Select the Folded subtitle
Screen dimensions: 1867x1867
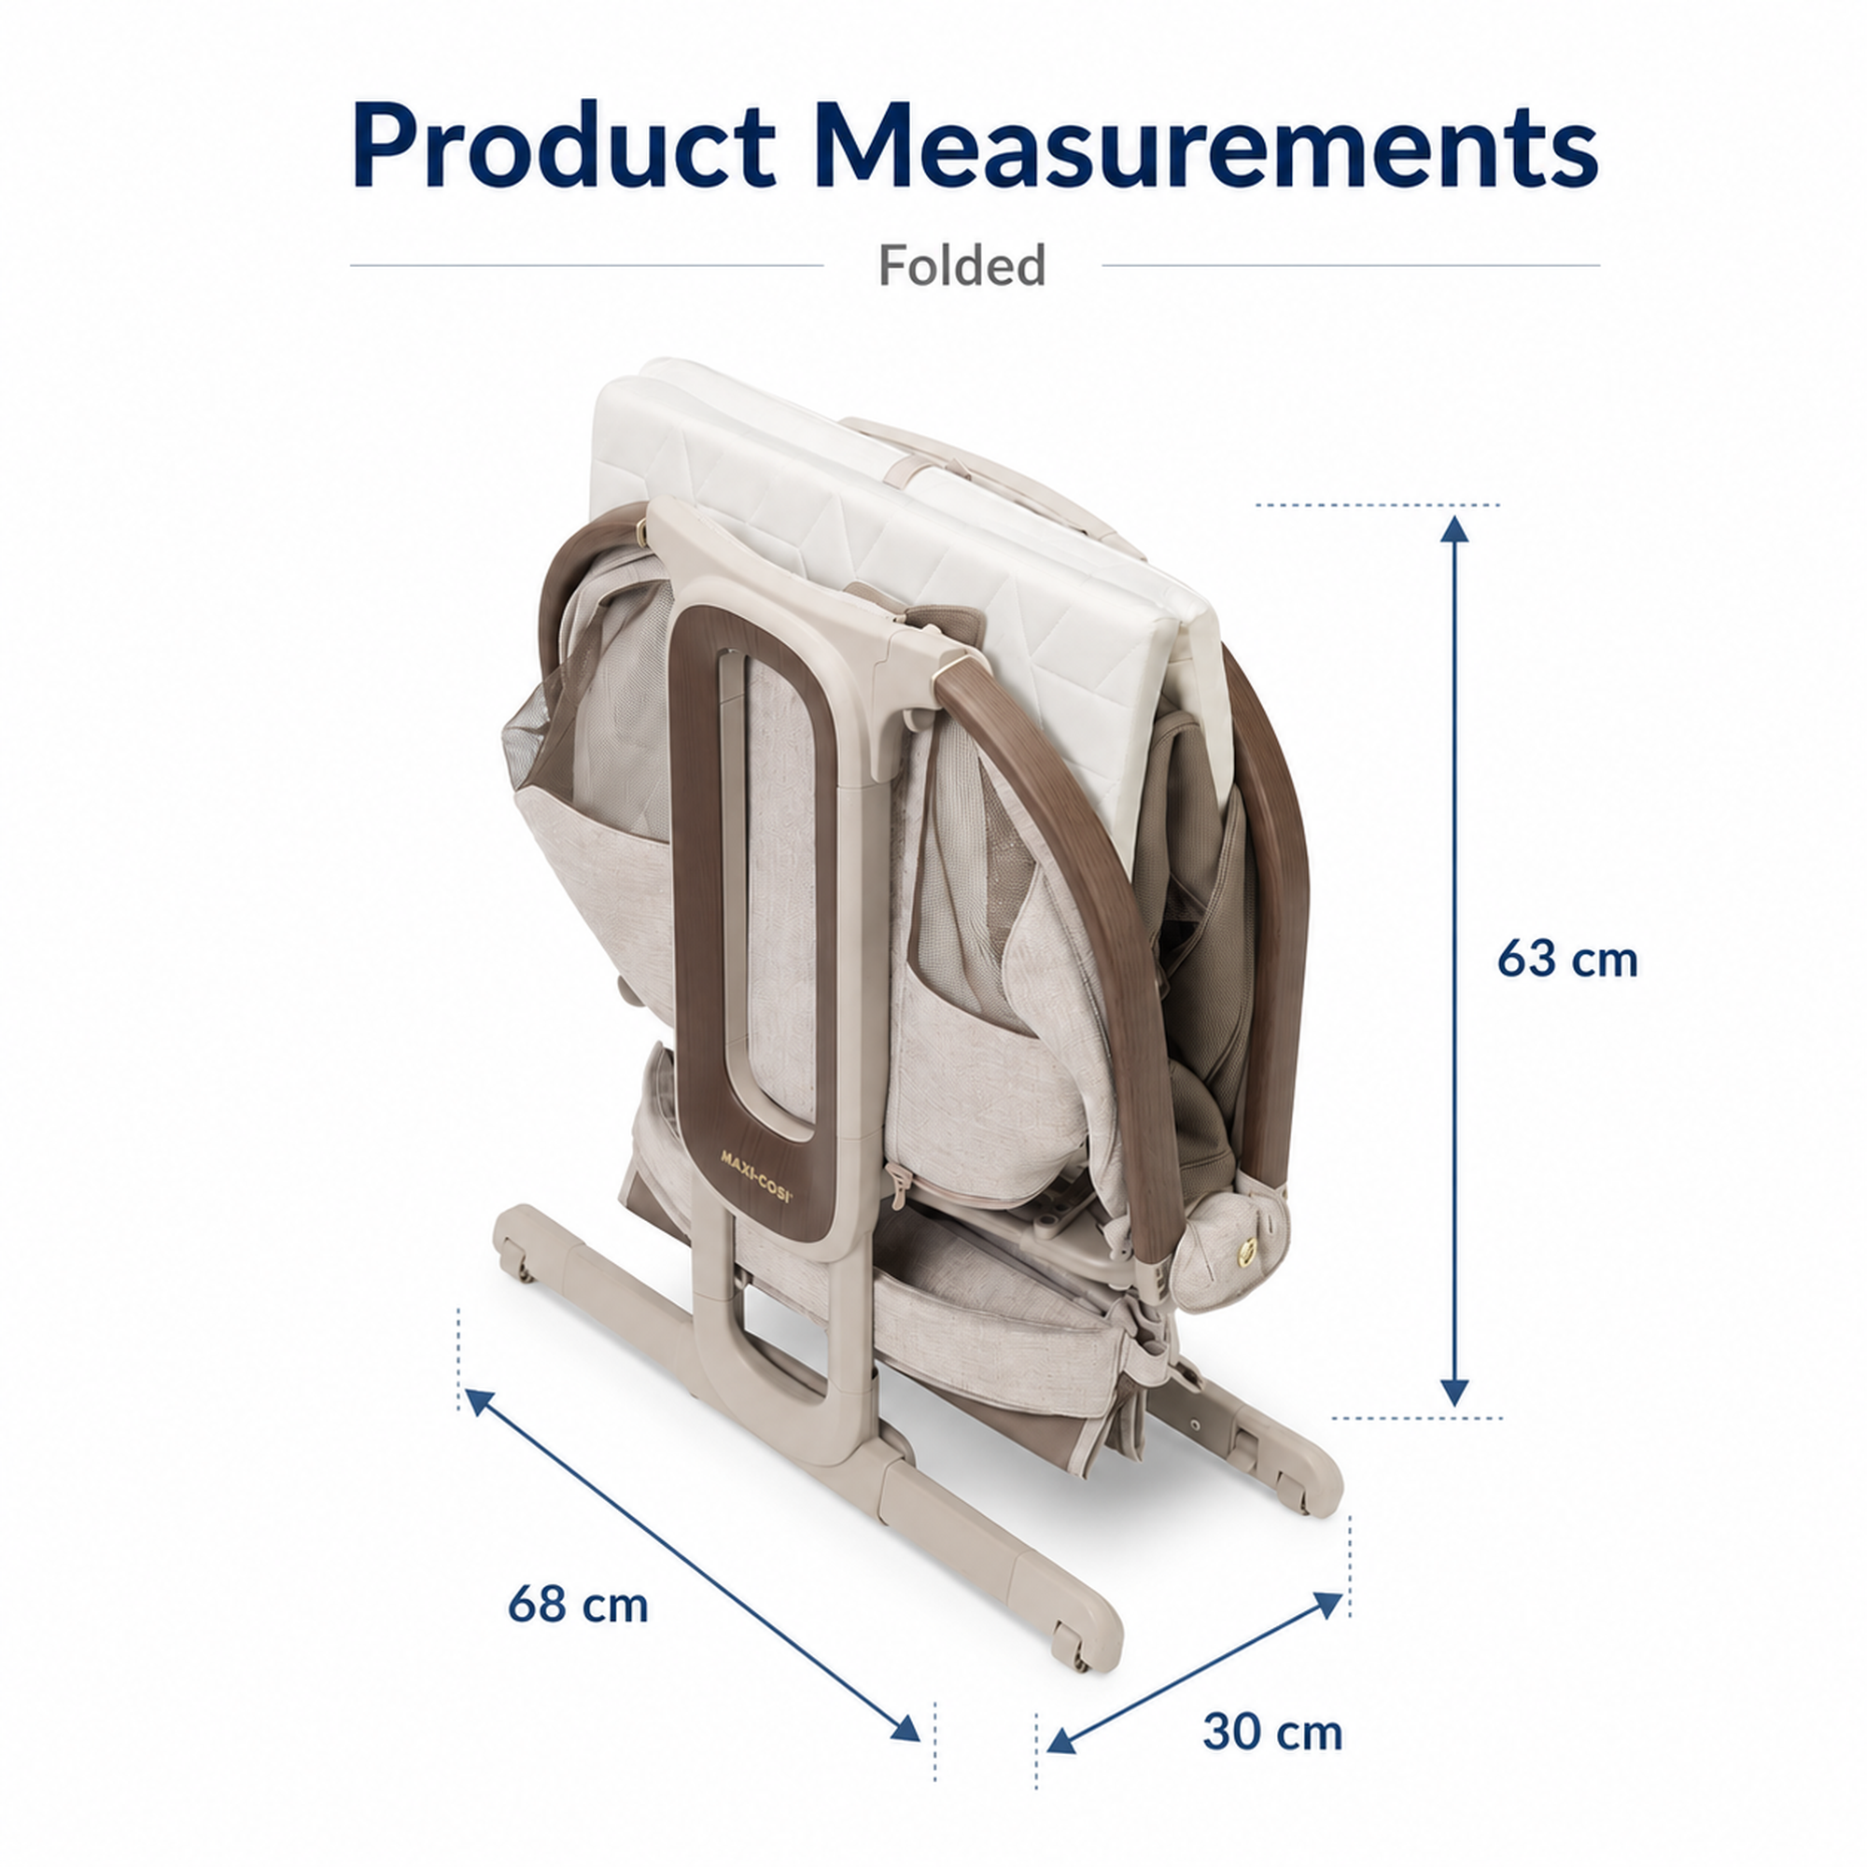pos(962,265)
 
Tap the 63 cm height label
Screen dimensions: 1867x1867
pos(1567,960)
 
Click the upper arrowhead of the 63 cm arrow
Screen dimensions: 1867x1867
pos(1454,530)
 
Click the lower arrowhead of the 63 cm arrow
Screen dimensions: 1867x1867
pos(1454,1393)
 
